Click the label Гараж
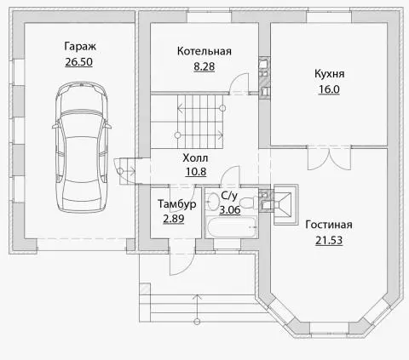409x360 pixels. pos(80,46)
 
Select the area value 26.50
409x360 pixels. pos(79,62)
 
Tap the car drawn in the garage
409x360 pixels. pos(82,147)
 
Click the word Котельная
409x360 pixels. pos(204,51)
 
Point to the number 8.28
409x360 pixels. pos(204,66)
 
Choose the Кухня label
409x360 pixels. pos(330,74)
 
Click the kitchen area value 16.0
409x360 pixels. pos(329,89)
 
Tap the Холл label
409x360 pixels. pos(195,157)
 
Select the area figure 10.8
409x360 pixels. pos(196,172)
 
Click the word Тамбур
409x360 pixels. pos(177,204)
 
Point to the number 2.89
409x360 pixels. pos(174,219)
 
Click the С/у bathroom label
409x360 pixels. pos(229,196)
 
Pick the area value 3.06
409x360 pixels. pos(230,210)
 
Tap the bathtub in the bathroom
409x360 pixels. pos(232,227)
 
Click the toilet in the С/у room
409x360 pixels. pos(249,203)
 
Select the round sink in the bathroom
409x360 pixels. pos(212,201)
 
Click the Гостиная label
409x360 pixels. pos(329,225)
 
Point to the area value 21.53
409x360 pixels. pos(329,240)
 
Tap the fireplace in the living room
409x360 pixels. pos(285,204)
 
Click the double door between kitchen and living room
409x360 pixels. pos(329,157)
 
